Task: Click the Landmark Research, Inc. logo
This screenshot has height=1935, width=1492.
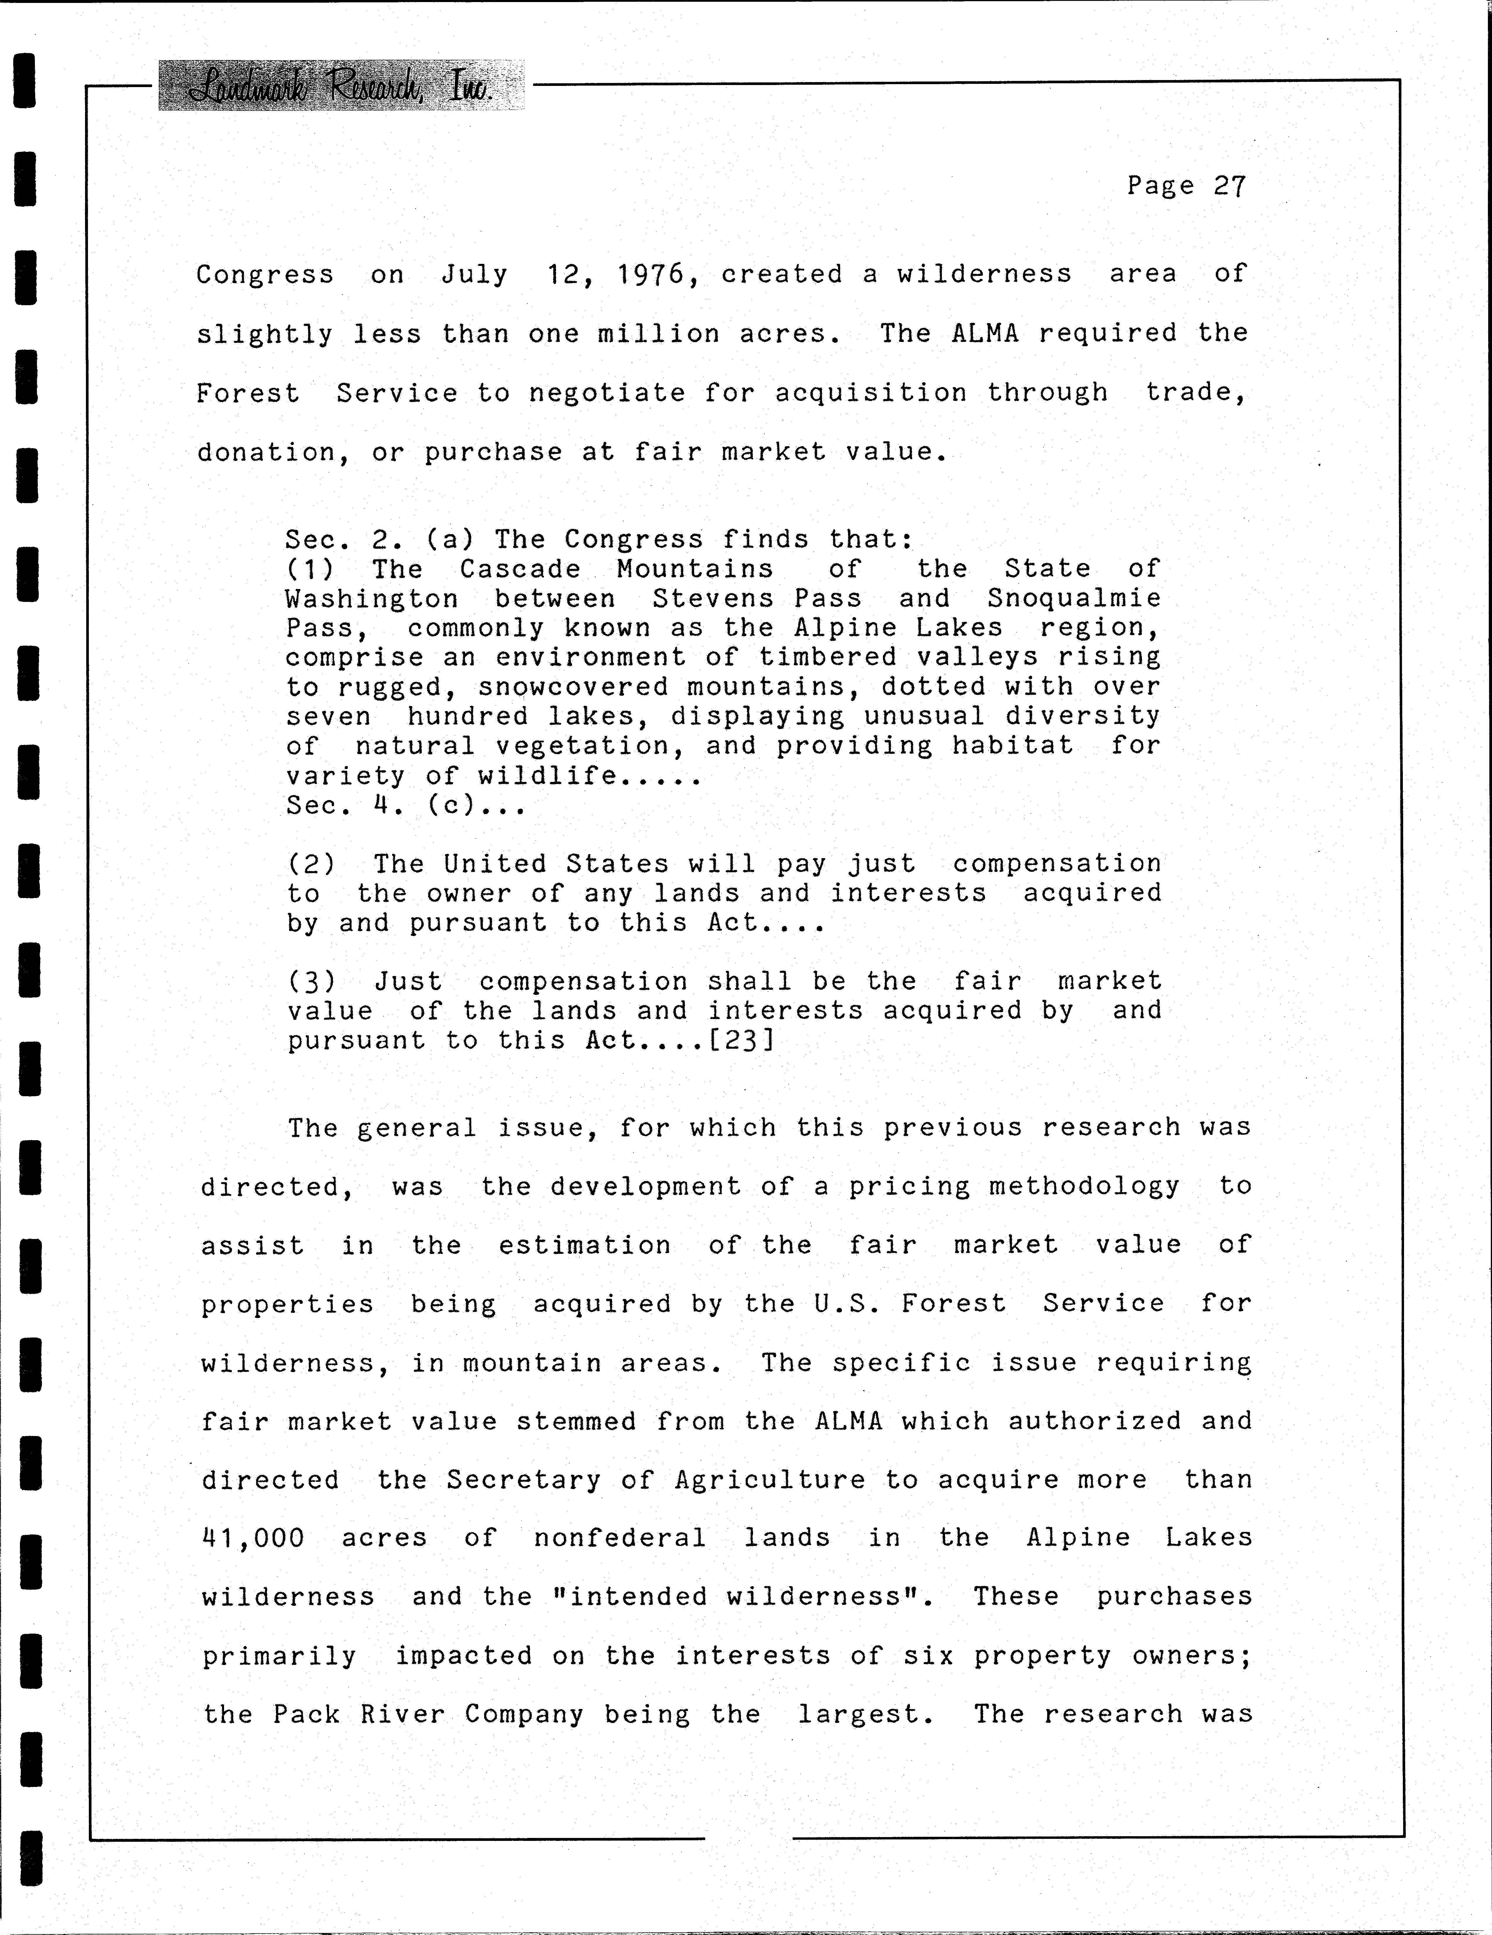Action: [x=341, y=86]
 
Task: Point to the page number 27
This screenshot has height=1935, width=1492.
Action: [x=1230, y=186]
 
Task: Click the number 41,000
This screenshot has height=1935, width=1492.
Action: [x=253, y=1538]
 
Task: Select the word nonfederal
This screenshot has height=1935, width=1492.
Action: [x=619, y=1538]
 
